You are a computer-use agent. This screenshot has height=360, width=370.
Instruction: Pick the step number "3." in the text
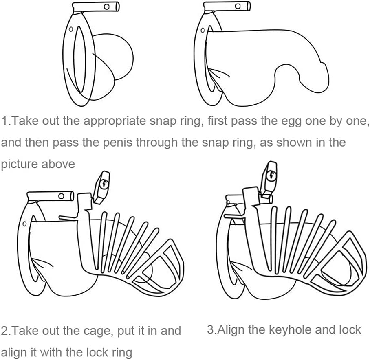tap(211, 329)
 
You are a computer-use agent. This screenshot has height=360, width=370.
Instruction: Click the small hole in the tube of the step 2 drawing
tap(61, 196)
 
